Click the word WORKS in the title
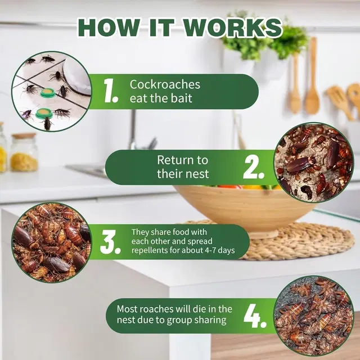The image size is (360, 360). click(233, 28)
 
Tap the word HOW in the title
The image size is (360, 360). click(109, 28)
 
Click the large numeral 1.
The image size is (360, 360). click(110, 91)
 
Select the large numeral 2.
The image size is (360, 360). click(254, 168)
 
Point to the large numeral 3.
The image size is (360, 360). click(110, 242)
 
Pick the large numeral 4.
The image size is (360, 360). click(255, 316)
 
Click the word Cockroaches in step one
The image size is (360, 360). click(165, 84)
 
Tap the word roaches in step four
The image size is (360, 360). click(157, 309)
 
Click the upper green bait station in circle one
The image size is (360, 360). click(48, 93)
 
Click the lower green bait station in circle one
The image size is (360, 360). click(43, 114)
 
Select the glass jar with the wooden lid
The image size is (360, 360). click(24, 152)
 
